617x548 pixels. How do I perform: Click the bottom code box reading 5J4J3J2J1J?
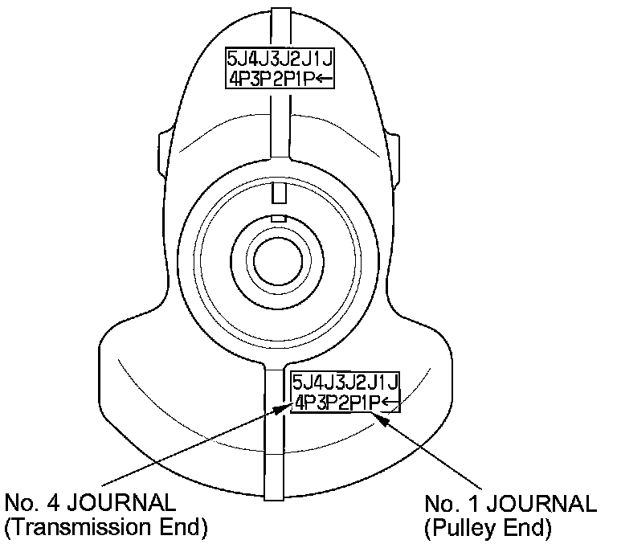[345, 391]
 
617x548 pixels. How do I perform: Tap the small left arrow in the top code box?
[325, 78]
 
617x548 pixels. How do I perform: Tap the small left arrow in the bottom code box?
[390, 402]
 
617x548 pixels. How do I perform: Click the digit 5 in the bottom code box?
[298, 382]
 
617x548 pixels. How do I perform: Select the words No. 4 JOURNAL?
[90, 504]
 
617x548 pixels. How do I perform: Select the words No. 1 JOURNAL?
[510, 504]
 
